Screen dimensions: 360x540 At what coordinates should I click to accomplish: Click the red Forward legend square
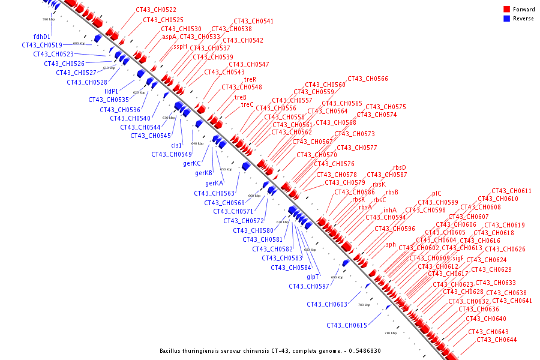[506, 9]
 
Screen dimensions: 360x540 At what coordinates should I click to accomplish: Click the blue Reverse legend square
[506, 18]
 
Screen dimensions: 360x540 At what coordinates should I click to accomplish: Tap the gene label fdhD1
[42, 37]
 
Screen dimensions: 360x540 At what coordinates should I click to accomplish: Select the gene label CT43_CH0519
[42, 45]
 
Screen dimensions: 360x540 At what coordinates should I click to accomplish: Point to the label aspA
[169, 37]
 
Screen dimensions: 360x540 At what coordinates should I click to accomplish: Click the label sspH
[181, 46]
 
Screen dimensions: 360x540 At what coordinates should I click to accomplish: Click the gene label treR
[250, 79]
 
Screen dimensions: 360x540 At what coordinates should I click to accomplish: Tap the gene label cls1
[176, 145]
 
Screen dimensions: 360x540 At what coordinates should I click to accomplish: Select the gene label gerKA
[214, 183]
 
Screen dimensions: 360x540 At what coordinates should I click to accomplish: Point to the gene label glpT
[313, 277]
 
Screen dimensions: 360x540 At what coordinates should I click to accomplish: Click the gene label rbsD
[400, 167]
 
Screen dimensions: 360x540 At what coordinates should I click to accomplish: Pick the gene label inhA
[390, 210]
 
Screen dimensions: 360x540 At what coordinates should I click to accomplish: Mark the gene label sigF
[458, 257]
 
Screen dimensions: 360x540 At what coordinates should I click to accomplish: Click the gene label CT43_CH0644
[496, 340]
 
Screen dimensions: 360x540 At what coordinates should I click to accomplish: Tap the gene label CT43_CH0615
[347, 325]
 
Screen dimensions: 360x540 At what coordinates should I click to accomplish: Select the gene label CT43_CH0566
[367, 79]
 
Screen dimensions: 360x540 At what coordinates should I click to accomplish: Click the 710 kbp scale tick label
[391, 332]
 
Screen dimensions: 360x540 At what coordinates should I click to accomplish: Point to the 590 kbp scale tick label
[49, 20]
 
